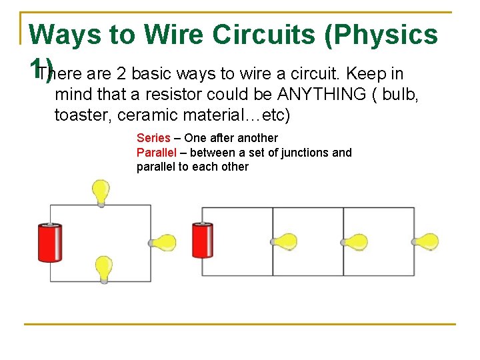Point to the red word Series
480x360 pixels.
pyautogui.click(x=153, y=138)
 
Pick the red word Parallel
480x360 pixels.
pyautogui.click(x=157, y=153)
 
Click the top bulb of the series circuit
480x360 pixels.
pyautogui.click(x=101, y=192)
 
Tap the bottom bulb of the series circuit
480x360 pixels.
pyautogui.click(x=103, y=269)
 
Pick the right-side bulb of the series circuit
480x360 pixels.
pyautogui.click(x=163, y=243)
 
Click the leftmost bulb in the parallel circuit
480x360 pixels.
pyautogui.click(x=285, y=241)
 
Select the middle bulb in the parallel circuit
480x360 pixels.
pyautogui.click(x=356, y=241)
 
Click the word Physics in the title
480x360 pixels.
pyautogui.click(x=382, y=34)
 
